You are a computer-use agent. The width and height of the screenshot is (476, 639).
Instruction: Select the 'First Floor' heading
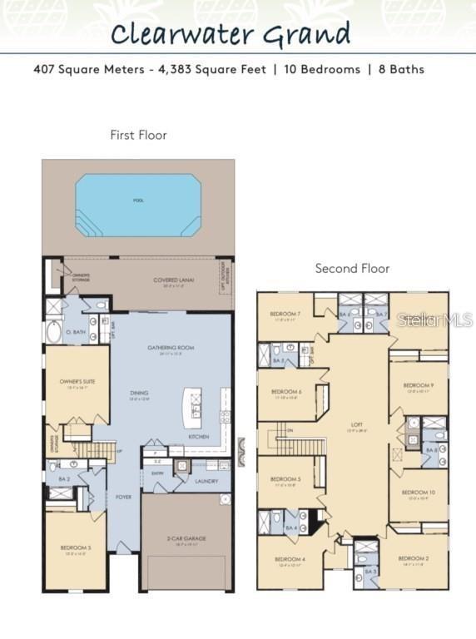click(138, 135)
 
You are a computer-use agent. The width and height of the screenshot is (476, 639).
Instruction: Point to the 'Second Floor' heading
click(352, 269)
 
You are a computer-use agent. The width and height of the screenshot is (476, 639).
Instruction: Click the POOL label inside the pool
click(138, 201)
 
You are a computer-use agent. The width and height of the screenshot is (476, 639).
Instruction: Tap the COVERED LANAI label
click(174, 280)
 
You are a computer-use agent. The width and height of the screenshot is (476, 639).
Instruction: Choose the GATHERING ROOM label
click(171, 348)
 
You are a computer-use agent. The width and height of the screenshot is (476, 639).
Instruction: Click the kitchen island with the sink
click(193, 409)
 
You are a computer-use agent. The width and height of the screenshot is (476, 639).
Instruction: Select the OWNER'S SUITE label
click(77, 382)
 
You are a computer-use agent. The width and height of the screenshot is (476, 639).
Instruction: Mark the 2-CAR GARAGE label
click(186, 538)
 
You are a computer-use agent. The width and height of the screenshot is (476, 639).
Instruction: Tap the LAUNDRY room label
click(206, 481)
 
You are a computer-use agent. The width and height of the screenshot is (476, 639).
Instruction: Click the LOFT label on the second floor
click(357, 424)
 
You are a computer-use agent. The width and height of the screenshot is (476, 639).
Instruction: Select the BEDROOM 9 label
click(418, 386)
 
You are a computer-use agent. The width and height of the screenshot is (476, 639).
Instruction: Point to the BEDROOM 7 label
click(285, 315)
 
